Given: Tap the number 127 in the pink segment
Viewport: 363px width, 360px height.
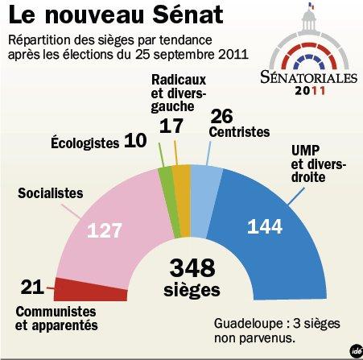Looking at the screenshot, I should point(105,230).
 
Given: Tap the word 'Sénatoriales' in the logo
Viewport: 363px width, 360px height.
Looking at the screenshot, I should point(307,77).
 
